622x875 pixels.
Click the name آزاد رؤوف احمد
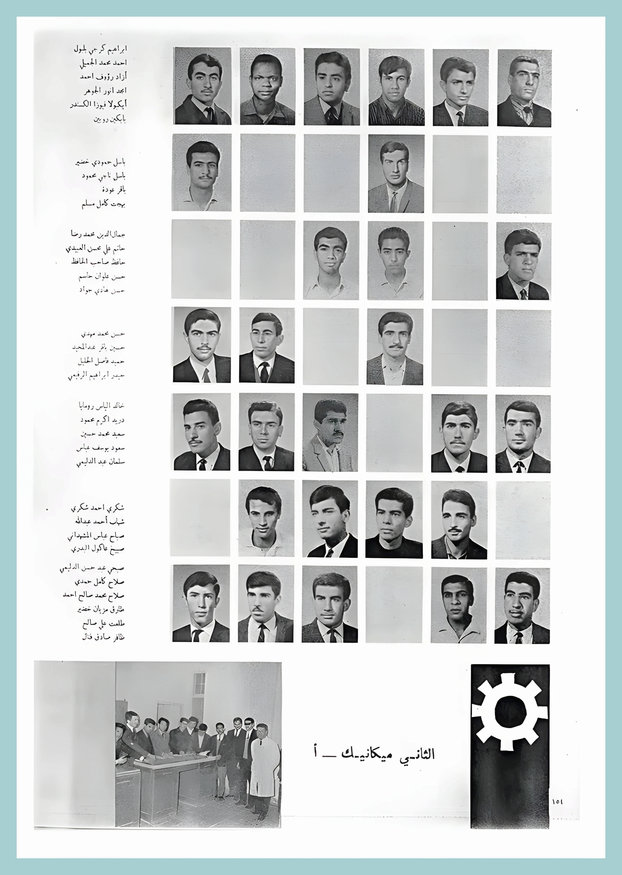pos(103,76)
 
